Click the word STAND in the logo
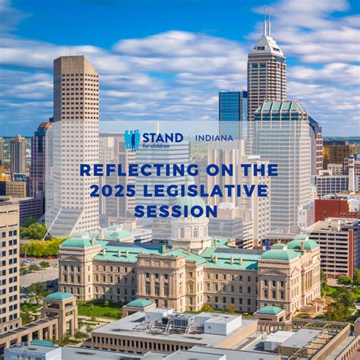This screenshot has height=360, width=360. (x=163, y=137)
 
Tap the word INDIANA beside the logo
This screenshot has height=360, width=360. (x=214, y=138)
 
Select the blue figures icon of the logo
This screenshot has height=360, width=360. (x=132, y=140)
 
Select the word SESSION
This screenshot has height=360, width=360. (x=179, y=210)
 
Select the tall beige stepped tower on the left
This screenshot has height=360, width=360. (x=75, y=137)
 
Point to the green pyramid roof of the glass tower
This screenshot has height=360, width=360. (x=280, y=107)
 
